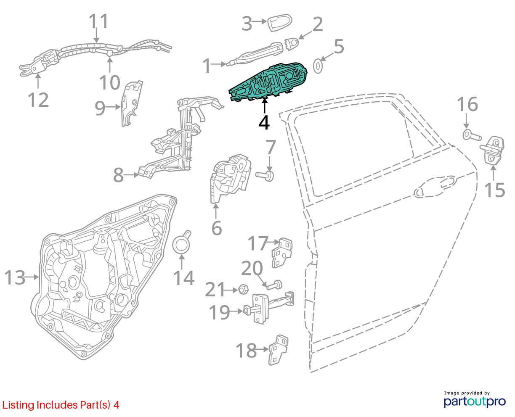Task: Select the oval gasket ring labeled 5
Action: tap(318, 66)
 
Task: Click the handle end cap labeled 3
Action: tap(279, 23)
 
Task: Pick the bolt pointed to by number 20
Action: tap(275, 285)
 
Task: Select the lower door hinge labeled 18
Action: tap(278, 350)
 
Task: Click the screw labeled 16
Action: tap(472, 135)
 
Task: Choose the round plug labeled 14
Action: tap(181, 243)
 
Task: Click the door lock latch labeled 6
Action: tap(230, 179)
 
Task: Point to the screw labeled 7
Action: tap(265, 176)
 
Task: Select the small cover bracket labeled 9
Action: tap(132, 103)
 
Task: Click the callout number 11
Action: tap(98, 21)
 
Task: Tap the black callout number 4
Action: tap(264, 123)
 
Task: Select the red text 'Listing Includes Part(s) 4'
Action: tap(61, 405)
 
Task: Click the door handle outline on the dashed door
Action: tap(435, 186)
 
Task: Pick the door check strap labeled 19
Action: tap(269, 308)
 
